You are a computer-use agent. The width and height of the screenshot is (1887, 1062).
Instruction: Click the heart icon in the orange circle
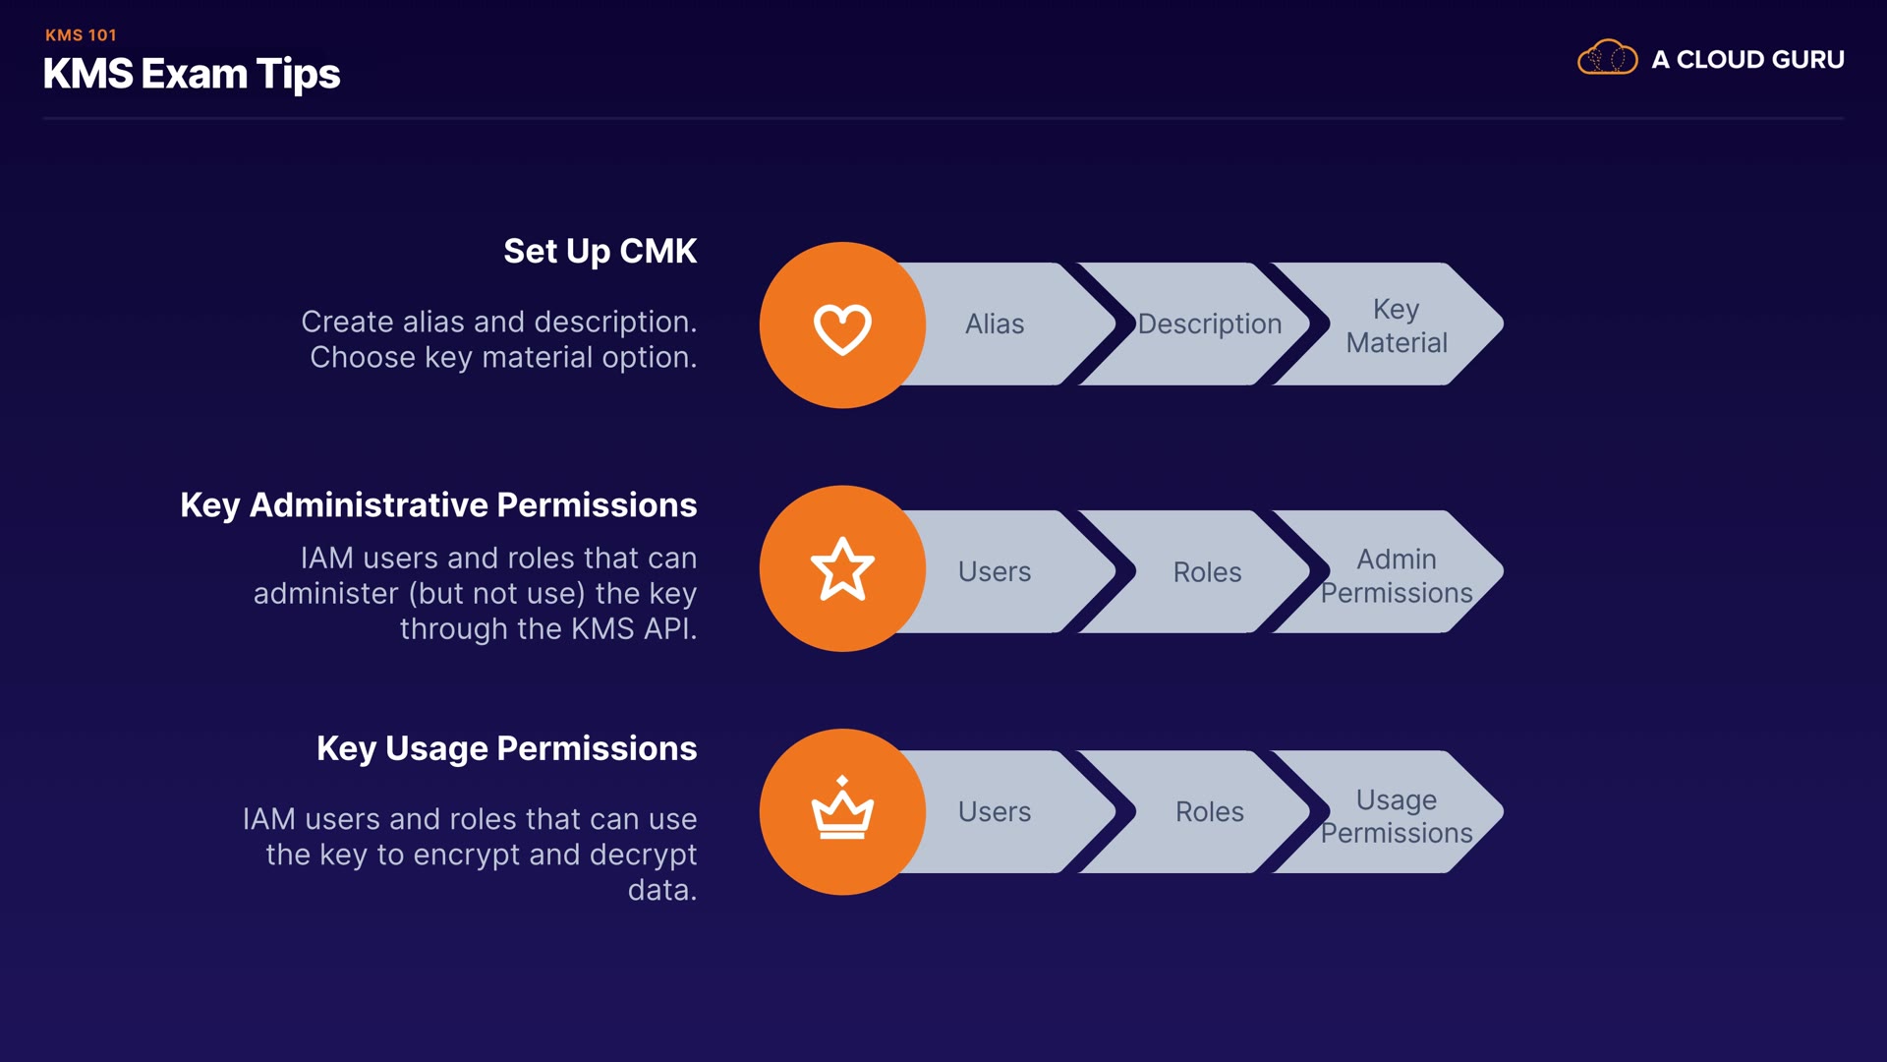click(x=842, y=327)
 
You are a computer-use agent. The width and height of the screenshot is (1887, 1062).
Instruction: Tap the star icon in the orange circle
click(x=842, y=569)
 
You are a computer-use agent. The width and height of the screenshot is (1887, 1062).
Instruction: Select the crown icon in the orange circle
click(x=842, y=811)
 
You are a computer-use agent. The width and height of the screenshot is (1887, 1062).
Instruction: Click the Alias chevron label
click(x=995, y=324)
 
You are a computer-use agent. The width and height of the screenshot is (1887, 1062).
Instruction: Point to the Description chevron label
click(x=1209, y=324)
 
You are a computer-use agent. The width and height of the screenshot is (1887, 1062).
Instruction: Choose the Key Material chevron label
click(x=1396, y=325)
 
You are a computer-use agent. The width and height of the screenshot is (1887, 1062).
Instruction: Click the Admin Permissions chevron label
click(x=1396, y=576)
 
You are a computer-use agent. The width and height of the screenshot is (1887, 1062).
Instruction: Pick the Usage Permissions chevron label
click(x=1396, y=816)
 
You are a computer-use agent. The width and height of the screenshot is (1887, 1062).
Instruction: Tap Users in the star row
click(x=995, y=572)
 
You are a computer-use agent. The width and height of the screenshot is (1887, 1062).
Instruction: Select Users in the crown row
click(x=995, y=812)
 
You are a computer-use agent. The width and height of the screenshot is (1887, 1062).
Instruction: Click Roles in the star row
click(x=1207, y=572)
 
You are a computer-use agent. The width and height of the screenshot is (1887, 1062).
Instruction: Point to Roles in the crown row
click(x=1209, y=812)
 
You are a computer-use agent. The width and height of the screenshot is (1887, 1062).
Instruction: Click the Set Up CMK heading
click(x=600, y=252)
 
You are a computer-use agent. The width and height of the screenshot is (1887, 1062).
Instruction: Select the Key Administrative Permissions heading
click(x=438, y=505)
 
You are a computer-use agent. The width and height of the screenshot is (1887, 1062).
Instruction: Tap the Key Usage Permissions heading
click(x=506, y=749)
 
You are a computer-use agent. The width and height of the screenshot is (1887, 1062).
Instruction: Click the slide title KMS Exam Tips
click(x=192, y=75)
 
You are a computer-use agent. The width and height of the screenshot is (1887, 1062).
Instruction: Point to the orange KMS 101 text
click(x=81, y=35)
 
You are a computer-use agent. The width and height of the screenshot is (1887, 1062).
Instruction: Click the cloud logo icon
click(x=1607, y=58)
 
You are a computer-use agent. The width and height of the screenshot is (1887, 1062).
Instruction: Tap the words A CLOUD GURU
click(x=1747, y=60)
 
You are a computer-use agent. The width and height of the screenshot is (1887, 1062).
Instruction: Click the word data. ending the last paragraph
click(x=662, y=891)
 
